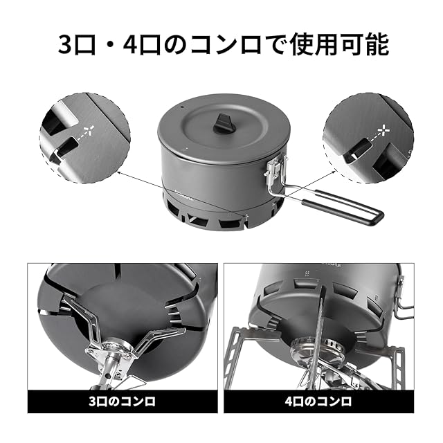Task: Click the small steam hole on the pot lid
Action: [182, 108]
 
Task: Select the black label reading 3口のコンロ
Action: [123, 401]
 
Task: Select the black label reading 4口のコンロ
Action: [319, 401]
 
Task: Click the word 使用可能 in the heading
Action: [339, 44]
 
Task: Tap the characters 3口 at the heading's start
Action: [75, 45]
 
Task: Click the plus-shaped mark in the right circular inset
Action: [385, 130]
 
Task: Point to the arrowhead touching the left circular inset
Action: [119, 172]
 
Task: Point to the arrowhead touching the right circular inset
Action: [334, 172]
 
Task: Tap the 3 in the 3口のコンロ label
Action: [93, 401]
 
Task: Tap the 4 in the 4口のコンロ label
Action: [289, 401]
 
